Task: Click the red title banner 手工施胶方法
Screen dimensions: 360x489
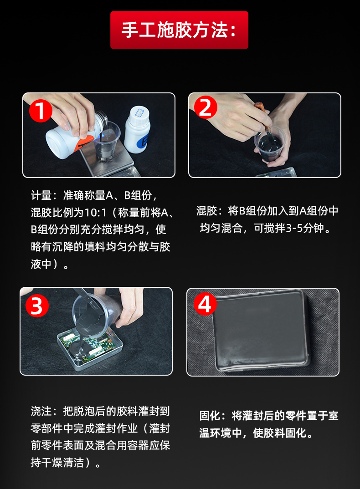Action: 179,30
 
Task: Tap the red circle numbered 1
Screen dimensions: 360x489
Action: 41,110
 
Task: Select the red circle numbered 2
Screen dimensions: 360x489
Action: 206,107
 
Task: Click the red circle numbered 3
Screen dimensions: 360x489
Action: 37,306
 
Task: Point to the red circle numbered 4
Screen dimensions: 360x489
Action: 205,303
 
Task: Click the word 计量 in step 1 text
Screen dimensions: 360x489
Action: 41,195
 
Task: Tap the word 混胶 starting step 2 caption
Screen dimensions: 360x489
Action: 207,211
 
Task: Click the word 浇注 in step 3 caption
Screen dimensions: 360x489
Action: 41,411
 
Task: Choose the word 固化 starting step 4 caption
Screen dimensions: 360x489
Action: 210,416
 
